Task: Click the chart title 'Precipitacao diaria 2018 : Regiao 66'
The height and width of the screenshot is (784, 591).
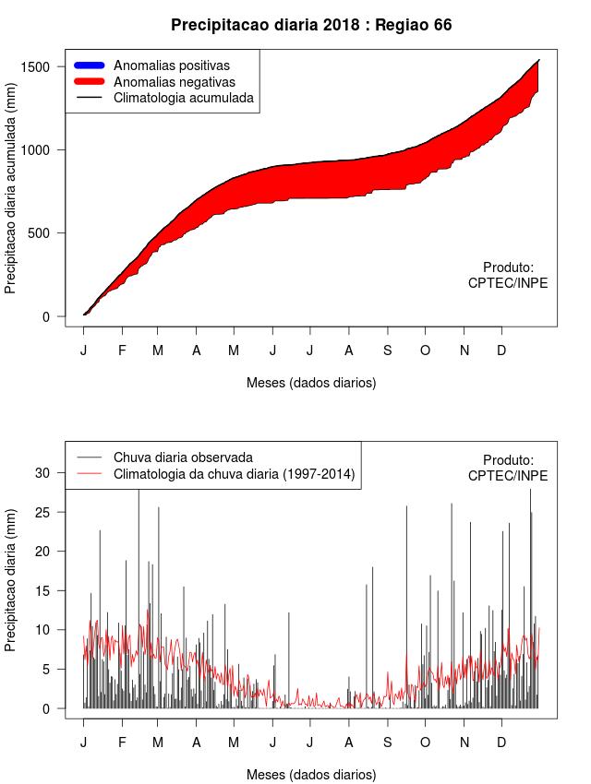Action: point(311,24)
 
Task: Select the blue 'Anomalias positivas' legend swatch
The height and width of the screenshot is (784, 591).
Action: point(90,65)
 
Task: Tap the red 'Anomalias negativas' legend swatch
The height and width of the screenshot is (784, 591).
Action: point(90,81)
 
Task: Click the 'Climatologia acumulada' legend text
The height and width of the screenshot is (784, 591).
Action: point(183,97)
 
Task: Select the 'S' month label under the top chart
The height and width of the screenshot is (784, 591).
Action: point(388,350)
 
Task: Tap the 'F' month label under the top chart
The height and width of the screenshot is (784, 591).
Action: point(121,350)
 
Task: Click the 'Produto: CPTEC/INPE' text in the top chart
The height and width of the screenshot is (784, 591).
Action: point(508,275)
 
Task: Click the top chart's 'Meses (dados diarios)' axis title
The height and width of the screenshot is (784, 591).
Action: point(311,382)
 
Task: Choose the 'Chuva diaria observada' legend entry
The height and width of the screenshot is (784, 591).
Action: point(183,457)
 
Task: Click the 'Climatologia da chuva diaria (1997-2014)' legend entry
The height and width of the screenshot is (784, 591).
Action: point(235,474)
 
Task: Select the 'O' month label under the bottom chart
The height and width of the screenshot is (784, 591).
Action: point(425,742)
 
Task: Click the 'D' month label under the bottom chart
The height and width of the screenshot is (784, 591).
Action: point(501,742)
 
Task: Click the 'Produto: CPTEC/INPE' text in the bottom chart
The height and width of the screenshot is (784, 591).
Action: point(508,468)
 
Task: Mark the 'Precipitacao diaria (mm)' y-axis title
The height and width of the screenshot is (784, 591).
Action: point(11,579)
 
